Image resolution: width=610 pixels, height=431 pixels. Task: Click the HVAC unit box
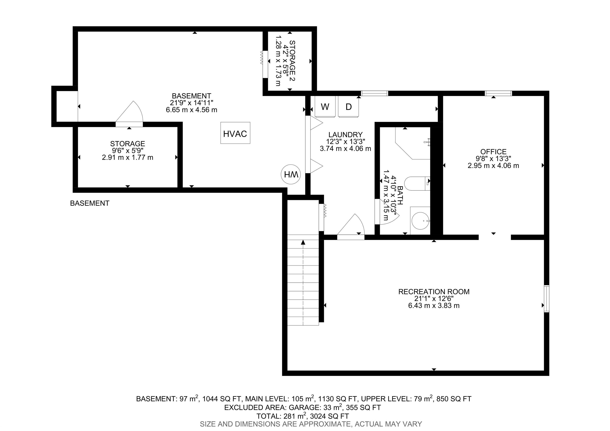click(x=235, y=133)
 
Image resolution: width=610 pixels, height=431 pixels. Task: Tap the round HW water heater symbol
click(x=291, y=174)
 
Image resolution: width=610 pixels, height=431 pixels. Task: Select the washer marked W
click(x=325, y=106)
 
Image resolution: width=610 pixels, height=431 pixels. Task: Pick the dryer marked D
click(x=348, y=106)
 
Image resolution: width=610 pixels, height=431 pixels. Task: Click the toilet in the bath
click(x=417, y=183)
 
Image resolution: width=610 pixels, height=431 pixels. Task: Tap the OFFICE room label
click(x=493, y=152)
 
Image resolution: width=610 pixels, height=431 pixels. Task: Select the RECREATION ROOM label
click(x=434, y=292)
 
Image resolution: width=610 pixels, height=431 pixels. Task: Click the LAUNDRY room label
click(x=345, y=135)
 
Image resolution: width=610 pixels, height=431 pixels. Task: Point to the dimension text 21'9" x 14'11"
click(x=192, y=102)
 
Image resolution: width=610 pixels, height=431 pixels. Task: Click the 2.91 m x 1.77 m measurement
click(x=127, y=158)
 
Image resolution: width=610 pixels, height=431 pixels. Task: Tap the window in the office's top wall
click(x=498, y=93)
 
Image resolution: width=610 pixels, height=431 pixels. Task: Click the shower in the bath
click(x=413, y=143)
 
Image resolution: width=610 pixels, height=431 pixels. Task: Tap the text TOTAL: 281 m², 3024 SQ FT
click(x=303, y=416)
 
